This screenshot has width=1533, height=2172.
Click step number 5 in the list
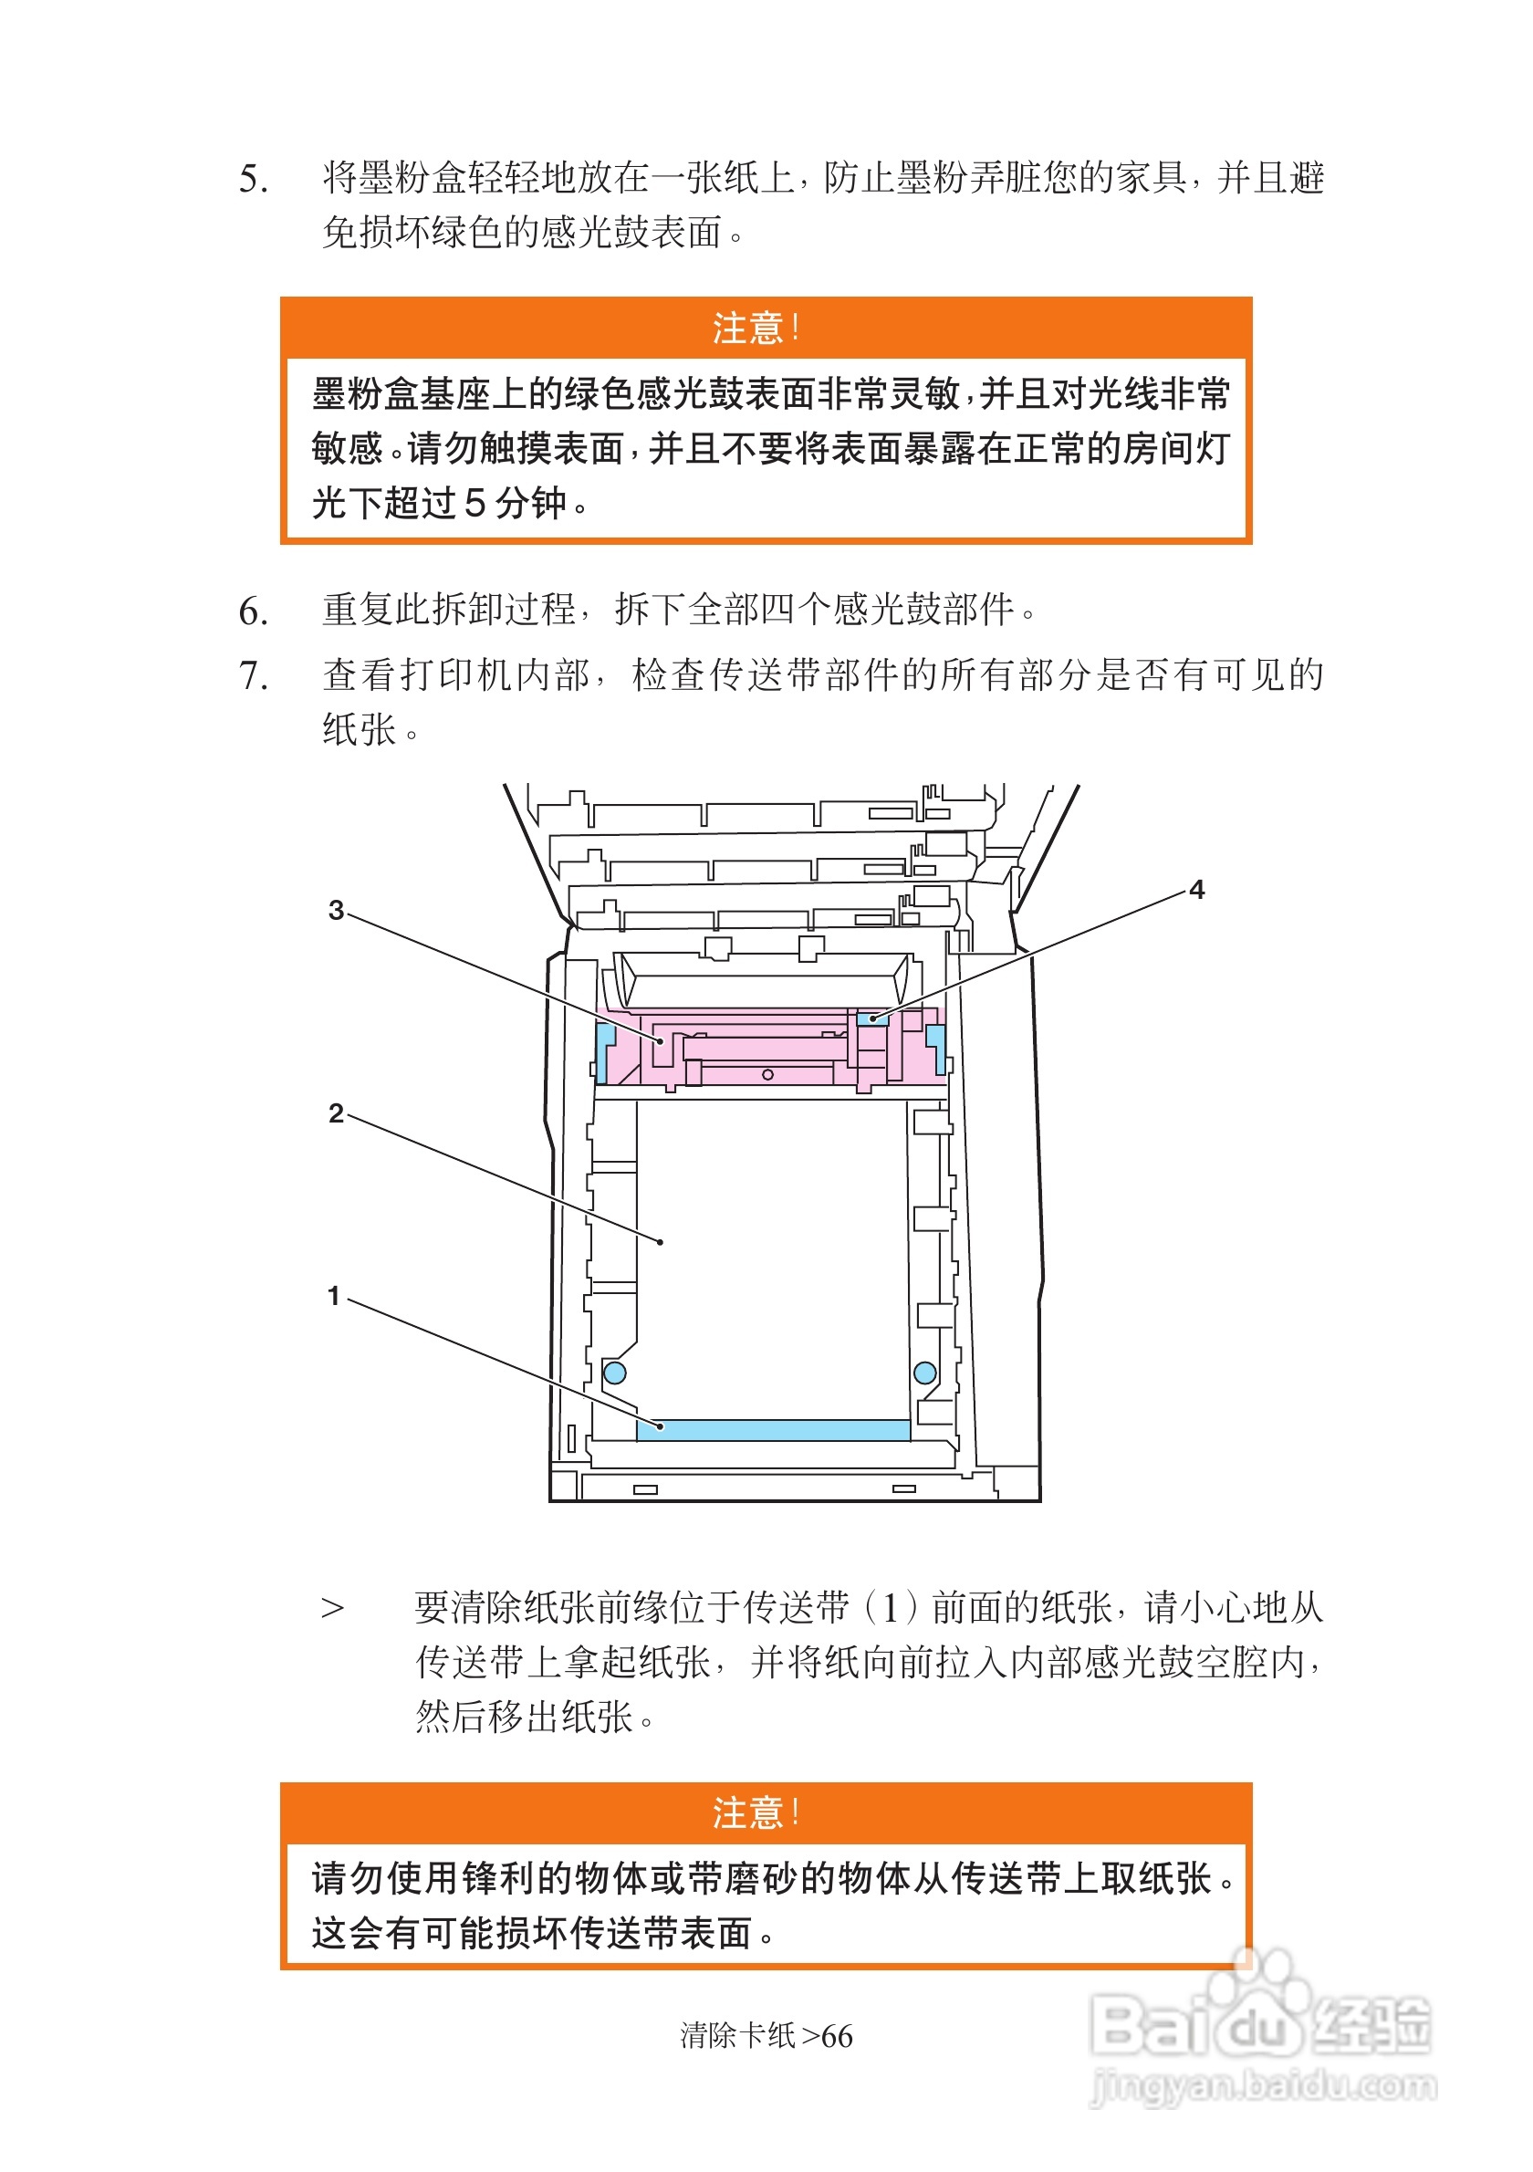click(253, 179)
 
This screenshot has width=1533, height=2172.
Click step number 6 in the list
click(253, 611)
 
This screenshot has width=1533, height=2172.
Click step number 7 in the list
click(253, 675)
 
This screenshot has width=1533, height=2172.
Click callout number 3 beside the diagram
click(336, 910)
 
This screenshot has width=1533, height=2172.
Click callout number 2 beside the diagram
click(336, 1113)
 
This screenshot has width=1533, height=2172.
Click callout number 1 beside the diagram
click(333, 1296)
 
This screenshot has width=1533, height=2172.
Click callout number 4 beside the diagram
click(1196, 889)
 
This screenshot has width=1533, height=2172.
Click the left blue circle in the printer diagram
click(615, 1373)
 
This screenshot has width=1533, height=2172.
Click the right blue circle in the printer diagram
click(925, 1373)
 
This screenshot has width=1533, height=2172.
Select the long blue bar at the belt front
click(773, 1429)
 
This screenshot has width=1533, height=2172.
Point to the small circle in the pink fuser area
click(768, 1075)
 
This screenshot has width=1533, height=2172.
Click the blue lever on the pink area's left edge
click(603, 1048)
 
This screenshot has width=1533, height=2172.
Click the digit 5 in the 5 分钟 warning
click(475, 503)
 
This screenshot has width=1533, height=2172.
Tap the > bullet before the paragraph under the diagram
click(332, 1608)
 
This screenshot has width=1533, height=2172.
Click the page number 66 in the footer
click(837, 2036)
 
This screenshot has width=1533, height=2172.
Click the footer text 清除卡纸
click(737, 2036)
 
